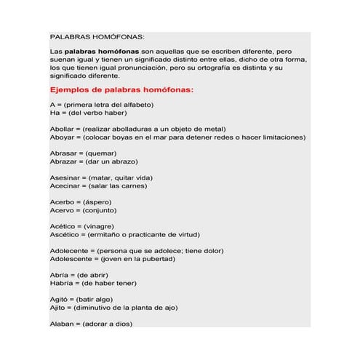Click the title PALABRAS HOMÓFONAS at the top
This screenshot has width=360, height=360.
point(97,36)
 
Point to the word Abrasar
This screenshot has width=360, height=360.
point(63,153)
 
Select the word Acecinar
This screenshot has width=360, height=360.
point(65,186)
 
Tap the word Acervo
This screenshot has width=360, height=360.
point(61,212)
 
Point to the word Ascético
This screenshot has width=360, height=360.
point(63,236)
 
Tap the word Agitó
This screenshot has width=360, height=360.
point(59,300)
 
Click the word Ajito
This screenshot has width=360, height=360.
point(57,308)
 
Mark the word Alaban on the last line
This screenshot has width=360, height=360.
point(61,324)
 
